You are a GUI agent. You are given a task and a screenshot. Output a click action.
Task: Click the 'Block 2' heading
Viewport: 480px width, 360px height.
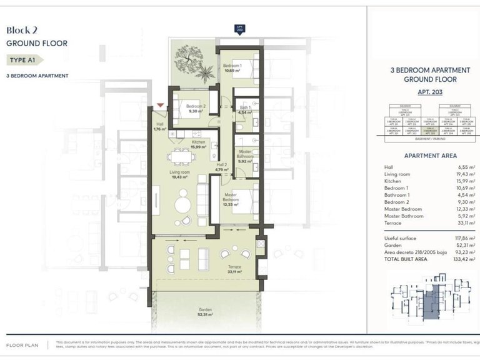[23, 29]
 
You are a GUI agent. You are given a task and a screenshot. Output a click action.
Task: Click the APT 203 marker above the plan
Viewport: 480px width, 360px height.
[238, 29]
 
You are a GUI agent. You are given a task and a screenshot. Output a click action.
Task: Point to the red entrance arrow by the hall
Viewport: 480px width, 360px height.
[161, 106]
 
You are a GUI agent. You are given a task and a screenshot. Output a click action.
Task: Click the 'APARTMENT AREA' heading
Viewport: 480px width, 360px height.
[430, 156]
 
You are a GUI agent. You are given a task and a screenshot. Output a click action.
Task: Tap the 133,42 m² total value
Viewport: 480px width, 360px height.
[464, 258]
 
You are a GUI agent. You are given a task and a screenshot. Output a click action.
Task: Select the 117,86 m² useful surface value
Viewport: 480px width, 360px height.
[464, 238]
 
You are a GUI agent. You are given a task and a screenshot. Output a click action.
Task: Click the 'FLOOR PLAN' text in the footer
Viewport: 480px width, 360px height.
[23, 344]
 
